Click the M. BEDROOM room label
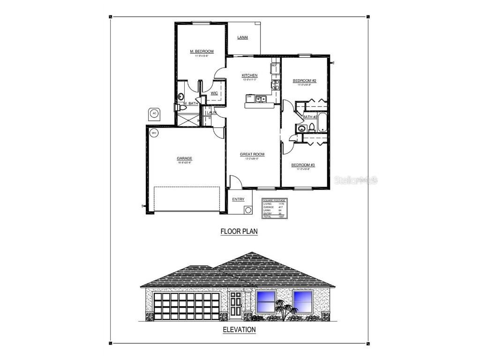pos(202,51)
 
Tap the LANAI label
pos(242,37)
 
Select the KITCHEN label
pos(249,75)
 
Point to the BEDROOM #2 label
pos(305,81)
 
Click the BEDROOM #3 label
pos(303,165)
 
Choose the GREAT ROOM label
pos(252,154)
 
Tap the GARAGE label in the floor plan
pos(185,158)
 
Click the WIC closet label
pos(214,93)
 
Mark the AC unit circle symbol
pos(154,113)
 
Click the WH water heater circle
pos(153,133)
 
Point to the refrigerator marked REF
pos(274,67)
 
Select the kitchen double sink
pos(261,98)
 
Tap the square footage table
pos(274,209)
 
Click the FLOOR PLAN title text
pos(239,231)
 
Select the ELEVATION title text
pos(239,330)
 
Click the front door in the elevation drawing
pos(235,304)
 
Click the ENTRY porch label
pos(238,200)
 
